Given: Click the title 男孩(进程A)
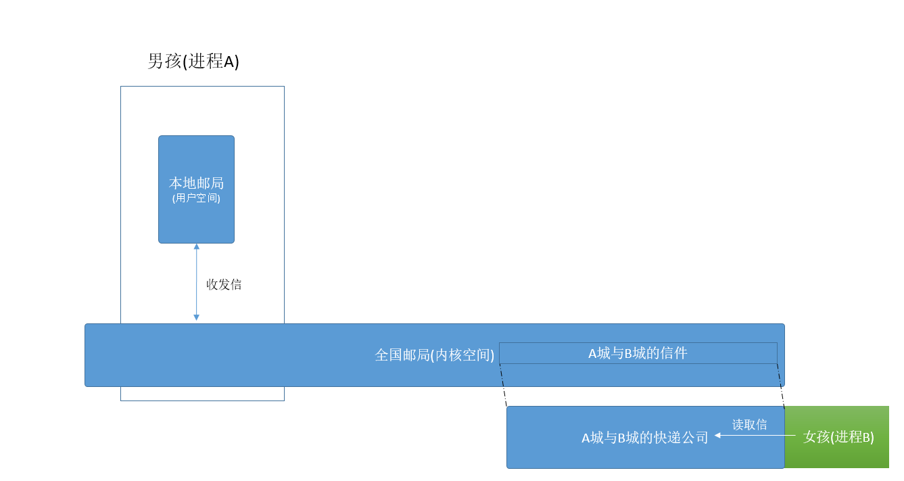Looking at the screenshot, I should [193, 62].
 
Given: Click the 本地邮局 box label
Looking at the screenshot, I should [196, 183].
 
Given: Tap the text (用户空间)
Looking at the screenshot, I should [196, 199].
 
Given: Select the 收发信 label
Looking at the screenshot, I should [224, 285].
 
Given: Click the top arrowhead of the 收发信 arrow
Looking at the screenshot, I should [197, 246].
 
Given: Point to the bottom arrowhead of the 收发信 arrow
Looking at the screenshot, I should [197, 317].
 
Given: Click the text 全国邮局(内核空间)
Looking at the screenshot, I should [435, 355].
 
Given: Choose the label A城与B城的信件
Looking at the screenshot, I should [638, 353].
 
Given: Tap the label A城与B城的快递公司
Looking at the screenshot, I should [645, 438].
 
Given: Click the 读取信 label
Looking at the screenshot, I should [750, 425].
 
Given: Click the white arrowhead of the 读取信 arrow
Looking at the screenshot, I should [718, 436].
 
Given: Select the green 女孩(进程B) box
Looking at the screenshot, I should [837, 437].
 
